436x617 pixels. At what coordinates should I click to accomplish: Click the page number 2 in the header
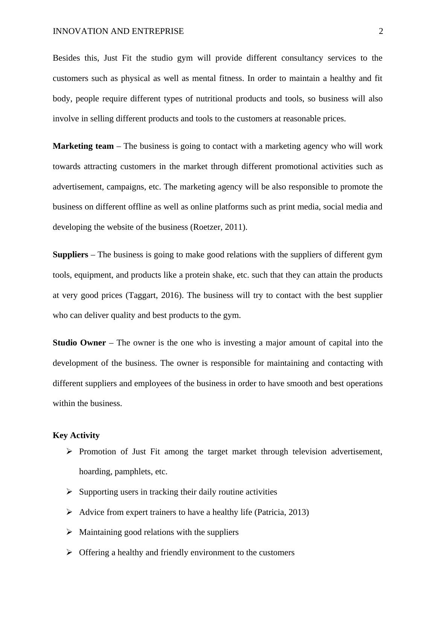point(381,31)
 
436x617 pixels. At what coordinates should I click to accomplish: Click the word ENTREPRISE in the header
point(158,31)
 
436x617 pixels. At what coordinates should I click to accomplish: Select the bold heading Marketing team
point(83,146)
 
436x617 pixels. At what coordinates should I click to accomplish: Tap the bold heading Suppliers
point(70,255)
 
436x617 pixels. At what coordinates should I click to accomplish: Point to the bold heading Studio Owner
point(79,343)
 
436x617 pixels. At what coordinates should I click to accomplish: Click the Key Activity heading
point(76,435)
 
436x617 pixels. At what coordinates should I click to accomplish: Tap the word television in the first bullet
point(309,452)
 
